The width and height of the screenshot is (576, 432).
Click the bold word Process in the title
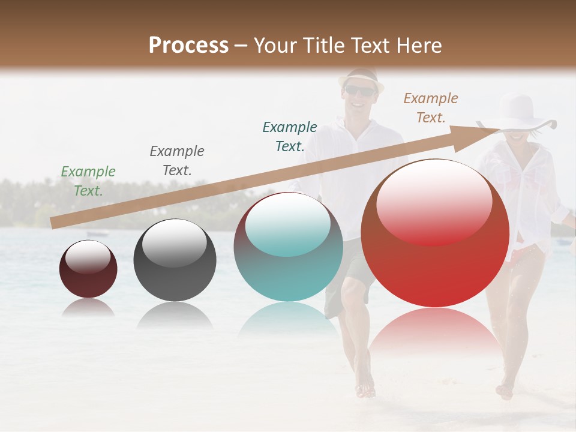pos(188,45)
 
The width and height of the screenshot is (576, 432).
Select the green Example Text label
pos(88,181)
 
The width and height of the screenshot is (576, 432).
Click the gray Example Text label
pos(177,161)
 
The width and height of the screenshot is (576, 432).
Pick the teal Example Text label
pos(290,136)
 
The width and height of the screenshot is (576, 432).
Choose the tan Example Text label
pos(431,108)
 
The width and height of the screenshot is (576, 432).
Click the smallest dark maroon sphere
pos(88,269)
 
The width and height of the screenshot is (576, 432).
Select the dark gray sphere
pos(175,260)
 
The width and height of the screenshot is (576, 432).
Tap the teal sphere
pos(288,247)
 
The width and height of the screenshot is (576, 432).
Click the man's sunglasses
pos(360,91)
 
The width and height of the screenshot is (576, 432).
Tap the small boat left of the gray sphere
pos(98,233)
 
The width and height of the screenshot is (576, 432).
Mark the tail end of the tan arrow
pos(54,224)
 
